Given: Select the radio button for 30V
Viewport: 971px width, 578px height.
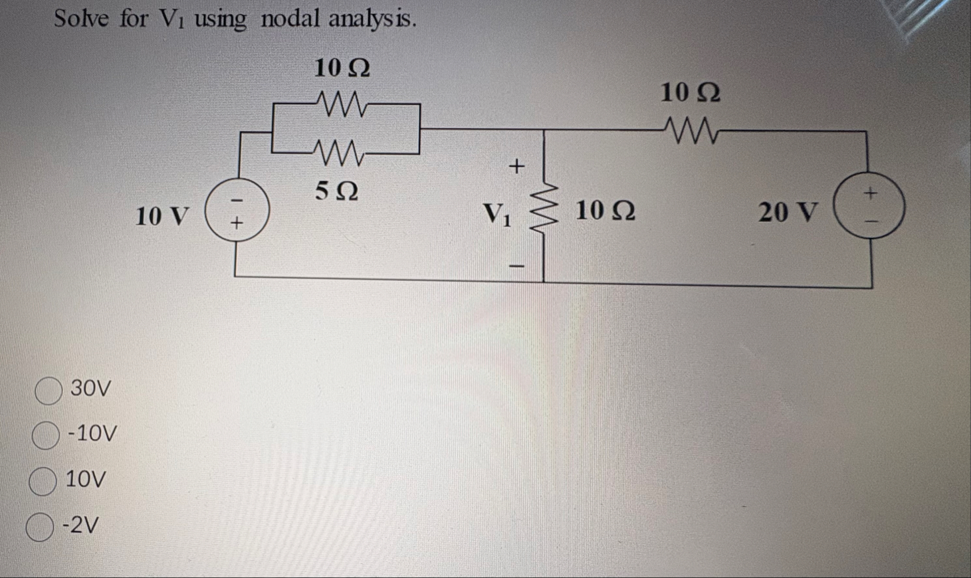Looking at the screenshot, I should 49,391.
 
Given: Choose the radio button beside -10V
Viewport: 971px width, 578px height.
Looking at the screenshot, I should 45,436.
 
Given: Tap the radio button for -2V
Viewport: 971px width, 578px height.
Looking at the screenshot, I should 39,528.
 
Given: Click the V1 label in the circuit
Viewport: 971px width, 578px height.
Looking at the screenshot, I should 497,214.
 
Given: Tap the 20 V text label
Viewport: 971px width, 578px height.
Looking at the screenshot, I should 788,213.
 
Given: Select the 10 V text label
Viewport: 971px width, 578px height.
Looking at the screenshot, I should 162,216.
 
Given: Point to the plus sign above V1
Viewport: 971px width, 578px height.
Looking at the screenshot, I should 516,166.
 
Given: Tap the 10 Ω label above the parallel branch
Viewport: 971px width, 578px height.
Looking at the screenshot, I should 342,68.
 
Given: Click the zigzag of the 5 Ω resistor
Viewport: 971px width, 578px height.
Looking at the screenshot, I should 338,154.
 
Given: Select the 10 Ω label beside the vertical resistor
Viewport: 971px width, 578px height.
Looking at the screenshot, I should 605,211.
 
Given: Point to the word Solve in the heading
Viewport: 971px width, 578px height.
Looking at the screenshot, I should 81,19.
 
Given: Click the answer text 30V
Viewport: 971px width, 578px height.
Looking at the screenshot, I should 91,388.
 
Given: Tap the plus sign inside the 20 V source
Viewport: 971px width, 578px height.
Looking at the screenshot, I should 871,193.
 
